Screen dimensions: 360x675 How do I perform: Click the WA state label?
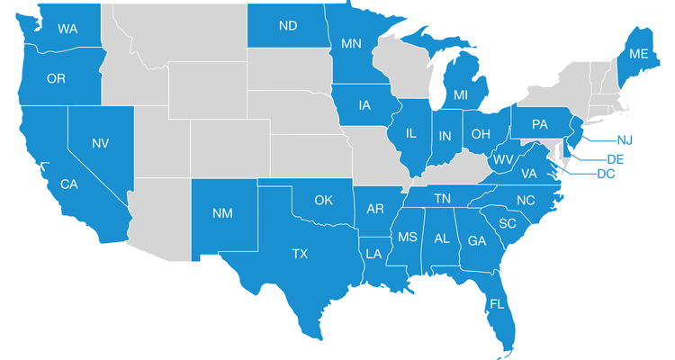67,29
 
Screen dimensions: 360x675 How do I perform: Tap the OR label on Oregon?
56,79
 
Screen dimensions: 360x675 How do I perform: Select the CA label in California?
68,184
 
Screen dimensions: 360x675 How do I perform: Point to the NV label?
101,142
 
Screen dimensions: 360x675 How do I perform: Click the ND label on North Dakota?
288,26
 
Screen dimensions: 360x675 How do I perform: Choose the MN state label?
351,42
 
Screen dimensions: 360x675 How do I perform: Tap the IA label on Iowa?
364,105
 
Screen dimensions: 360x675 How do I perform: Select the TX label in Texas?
300,255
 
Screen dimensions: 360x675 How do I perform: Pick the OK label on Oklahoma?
325,200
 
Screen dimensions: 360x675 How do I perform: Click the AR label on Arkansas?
376,209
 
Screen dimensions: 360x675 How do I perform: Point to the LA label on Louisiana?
374,254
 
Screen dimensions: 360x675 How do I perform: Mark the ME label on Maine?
639,54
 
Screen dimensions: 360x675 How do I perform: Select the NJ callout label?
625,139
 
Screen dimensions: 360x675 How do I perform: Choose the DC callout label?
605,174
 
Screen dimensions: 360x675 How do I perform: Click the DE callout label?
616,158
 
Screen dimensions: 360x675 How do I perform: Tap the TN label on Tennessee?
443,198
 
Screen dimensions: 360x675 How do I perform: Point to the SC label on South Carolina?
507,223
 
